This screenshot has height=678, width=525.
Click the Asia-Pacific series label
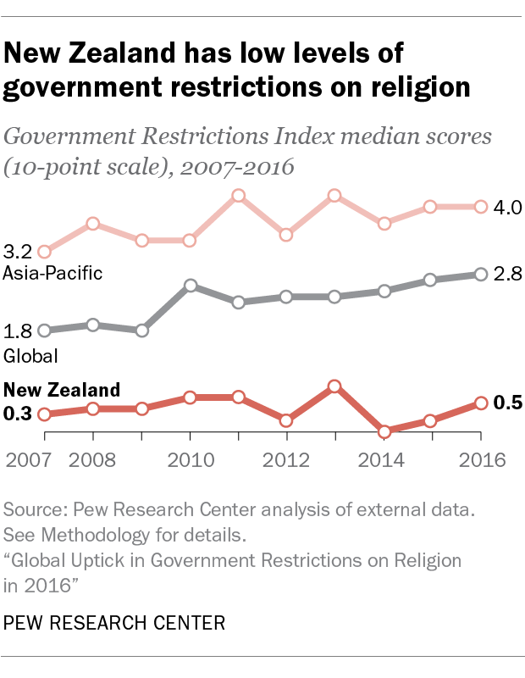(52, 273)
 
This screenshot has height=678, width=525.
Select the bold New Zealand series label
(62, 391)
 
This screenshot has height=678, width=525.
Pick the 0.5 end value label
(506, 403)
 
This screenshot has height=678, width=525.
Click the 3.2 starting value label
(18, 252)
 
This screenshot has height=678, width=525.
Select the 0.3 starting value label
(18, 414)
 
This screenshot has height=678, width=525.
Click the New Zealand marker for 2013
(334, 386)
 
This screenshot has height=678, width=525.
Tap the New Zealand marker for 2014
(384, 431)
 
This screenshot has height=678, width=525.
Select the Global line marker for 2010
(191, 286)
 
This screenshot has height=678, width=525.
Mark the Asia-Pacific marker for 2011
(239, 196)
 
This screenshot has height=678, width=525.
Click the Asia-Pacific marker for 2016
(480, 207)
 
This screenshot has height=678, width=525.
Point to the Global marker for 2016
(480, 274)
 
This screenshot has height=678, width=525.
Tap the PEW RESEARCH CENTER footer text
(115, 624)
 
